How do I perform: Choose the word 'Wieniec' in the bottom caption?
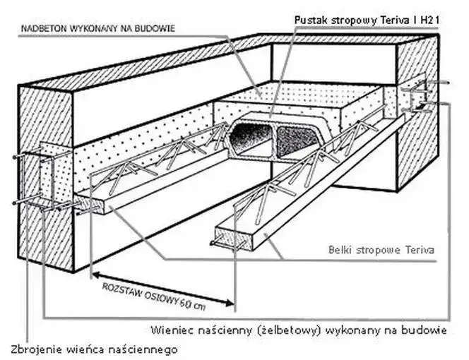(x=172, y=330)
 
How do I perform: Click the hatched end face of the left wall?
(x=46, y=176)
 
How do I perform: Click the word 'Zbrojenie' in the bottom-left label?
(x=35, y=349)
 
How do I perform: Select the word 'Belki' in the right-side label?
(x=343, y=249)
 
